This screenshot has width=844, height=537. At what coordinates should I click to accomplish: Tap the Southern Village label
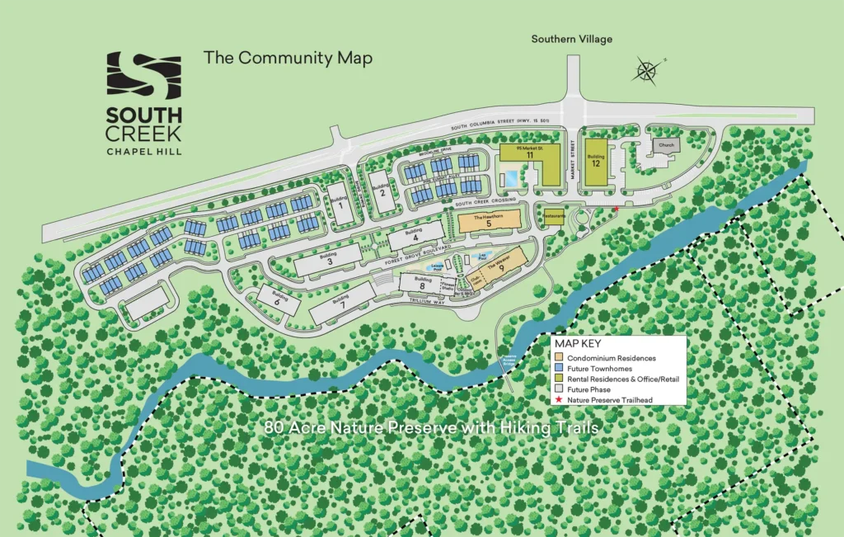(571, 39)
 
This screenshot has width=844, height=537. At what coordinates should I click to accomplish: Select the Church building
(666, 145)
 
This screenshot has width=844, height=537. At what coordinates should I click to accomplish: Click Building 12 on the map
(596, 157)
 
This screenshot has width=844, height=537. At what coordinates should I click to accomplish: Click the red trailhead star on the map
(616, 209)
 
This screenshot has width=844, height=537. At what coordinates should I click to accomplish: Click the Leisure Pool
(436, 267)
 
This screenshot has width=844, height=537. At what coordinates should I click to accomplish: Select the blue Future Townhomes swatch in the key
(559, 369)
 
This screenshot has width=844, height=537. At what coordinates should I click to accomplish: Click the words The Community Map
(288, 58)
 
